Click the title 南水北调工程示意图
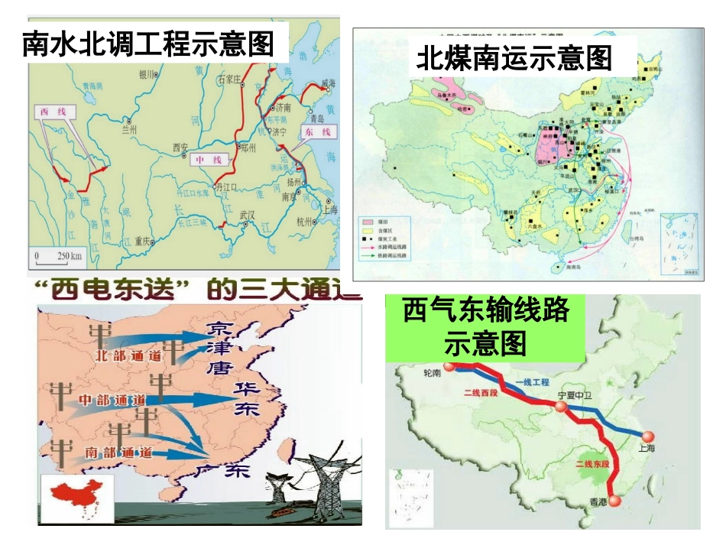point(148,44)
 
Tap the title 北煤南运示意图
point(514,58)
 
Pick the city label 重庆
point(142,241)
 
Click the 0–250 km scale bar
point(57,255)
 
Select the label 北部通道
point(127,355)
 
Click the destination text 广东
point(223,469)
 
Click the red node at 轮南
point(451,366)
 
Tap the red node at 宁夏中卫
point(562,407)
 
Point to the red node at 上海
point(649,436)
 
